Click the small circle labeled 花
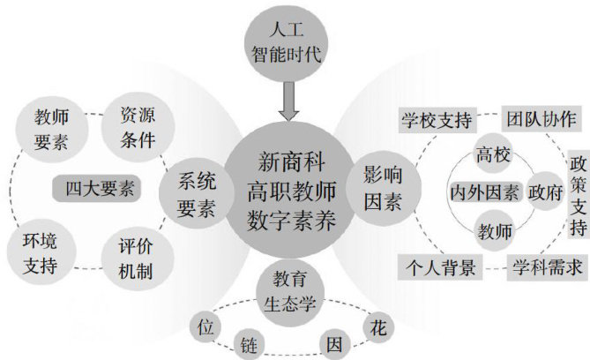(376, 328)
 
